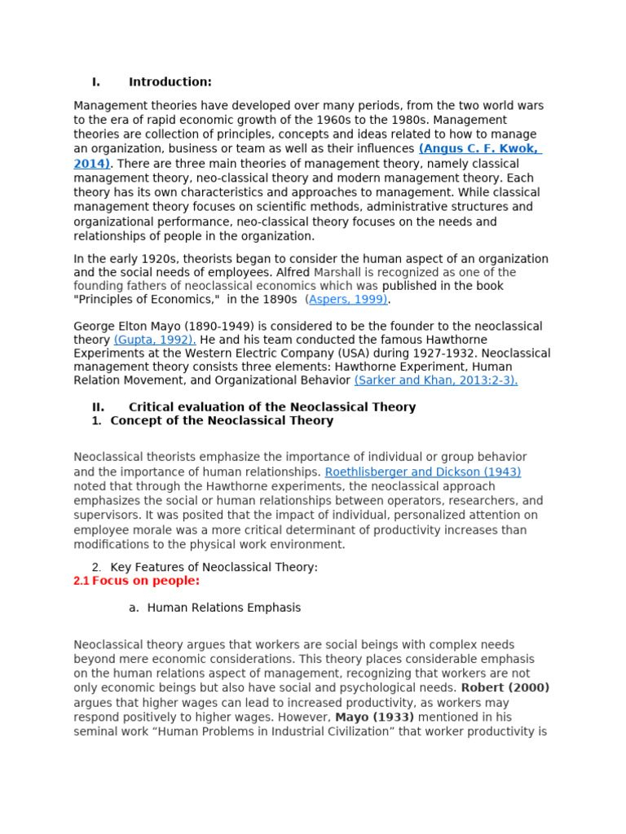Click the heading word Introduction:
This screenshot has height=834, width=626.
170,81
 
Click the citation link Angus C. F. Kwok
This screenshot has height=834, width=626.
479,149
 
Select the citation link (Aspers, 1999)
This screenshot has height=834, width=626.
347,300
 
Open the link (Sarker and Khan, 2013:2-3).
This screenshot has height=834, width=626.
435,380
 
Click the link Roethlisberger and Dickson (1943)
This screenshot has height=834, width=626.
422,472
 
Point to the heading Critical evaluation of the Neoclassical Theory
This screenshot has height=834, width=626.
271,406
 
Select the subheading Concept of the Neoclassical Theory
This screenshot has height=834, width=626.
221,421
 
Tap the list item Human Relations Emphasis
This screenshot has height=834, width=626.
223,608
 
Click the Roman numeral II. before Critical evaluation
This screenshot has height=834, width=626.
98,406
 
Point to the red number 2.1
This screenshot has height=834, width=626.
81,581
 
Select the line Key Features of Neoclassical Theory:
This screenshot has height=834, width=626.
214,567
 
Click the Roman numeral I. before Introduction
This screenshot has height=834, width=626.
95,81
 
